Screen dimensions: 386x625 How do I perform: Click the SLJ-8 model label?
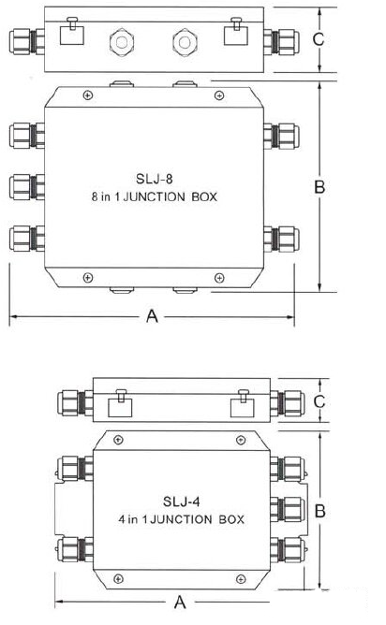point(154,179)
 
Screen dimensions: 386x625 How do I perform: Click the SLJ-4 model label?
point(181,501)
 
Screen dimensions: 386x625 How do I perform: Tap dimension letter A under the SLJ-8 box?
point(152,316)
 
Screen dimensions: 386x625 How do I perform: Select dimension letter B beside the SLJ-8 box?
point(319,186)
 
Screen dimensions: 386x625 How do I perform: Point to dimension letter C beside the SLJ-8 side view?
point(319,39)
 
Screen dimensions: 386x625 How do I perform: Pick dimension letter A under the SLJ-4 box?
point(180,602)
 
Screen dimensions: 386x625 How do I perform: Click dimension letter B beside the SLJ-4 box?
point(320,511)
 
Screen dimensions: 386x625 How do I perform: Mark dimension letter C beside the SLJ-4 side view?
point(319,401)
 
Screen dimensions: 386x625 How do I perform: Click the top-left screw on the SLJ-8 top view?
point(88,95)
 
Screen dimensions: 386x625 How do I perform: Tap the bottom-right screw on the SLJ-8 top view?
point(219,278)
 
